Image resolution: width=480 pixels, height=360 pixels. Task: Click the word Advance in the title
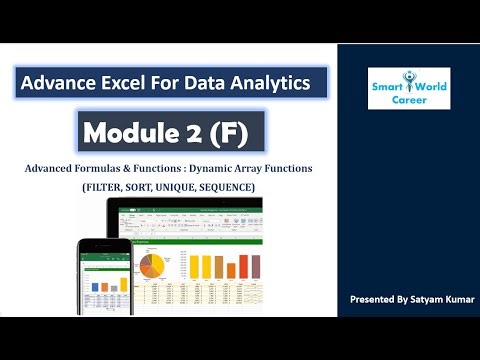tap(67, 82)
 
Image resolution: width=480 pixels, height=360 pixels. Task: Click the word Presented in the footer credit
tap(371, 300)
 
